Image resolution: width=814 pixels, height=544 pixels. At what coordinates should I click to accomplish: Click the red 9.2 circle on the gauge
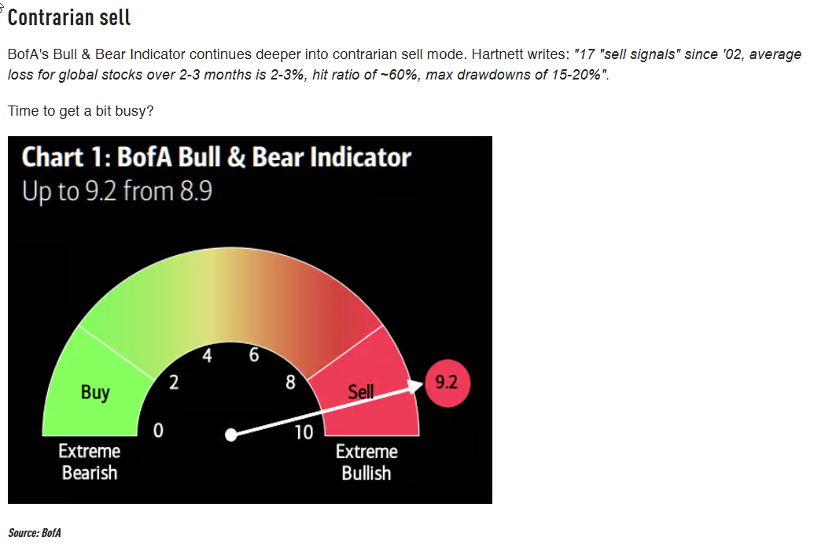[x=447, y=383]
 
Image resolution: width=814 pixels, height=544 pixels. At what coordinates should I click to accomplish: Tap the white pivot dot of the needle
[x=231, y=435]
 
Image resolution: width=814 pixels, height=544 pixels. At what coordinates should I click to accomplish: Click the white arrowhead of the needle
[x=416, y=386]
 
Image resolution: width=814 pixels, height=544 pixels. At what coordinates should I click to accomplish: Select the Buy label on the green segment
[x=95, y=392]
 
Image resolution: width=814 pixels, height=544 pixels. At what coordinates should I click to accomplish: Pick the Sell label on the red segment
[x=361, y=391]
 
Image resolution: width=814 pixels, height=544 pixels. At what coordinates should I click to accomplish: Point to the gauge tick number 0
[x=158, y=430]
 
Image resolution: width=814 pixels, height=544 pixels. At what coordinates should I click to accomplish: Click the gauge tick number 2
[x=174, y=383]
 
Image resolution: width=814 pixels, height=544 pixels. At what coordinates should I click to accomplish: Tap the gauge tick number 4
[x=207, y=355]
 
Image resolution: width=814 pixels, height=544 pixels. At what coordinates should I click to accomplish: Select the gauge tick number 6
[x=254, y=355]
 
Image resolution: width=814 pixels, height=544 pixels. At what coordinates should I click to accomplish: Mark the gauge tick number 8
[x=290, y=383]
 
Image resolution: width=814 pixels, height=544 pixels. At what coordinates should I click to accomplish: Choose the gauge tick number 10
[x=304, y=432]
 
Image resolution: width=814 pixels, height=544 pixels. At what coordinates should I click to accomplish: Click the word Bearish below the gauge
[x=90, y=473]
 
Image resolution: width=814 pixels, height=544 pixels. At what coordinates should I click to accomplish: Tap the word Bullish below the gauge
[x=366, y=473]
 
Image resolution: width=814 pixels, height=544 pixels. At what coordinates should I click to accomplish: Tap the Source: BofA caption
[x=35, y=532]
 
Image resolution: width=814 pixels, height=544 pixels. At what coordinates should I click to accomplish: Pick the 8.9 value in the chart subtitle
[x=197, y=192]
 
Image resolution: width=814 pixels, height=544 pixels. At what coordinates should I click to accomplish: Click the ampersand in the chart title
[x=236, y=157]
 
